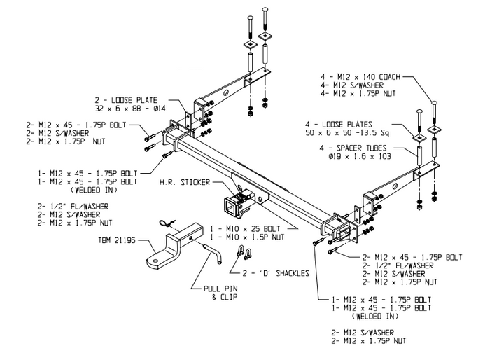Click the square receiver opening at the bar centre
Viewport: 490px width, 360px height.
pyautogui.click(x=232, y=207)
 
